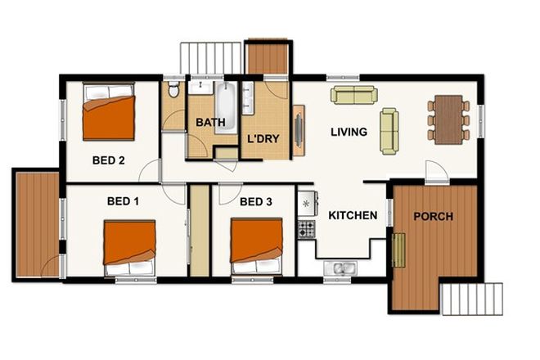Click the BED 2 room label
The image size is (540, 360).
coord(108,160)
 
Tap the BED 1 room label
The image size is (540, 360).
coord(124,201)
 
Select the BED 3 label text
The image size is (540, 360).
coord(256,201)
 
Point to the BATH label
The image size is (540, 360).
coord(210,124)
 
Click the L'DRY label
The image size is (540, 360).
coord(263,139)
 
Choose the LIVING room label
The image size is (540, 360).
coord(349,132)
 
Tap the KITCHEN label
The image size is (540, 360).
coord(353,216)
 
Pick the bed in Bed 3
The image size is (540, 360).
coord(255,245)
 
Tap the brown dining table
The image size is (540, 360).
coord(448,119)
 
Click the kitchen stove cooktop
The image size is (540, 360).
coord(307,229)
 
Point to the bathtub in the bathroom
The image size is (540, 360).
coord(225,102)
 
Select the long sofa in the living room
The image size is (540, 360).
coord(354,96)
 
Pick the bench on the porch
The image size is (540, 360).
coord(399,250)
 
